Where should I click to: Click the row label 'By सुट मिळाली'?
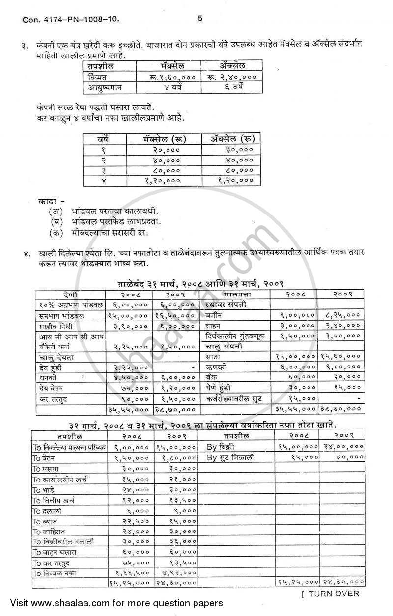[x=233, y=457]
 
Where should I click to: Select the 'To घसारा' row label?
[x=47, y=468]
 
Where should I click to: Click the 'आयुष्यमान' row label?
[x=105, y=88]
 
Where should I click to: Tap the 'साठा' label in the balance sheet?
[x=213, y=357]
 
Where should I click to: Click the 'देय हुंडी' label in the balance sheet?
[x=51, y=367]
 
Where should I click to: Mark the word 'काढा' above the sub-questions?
[x=47, y=200]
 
